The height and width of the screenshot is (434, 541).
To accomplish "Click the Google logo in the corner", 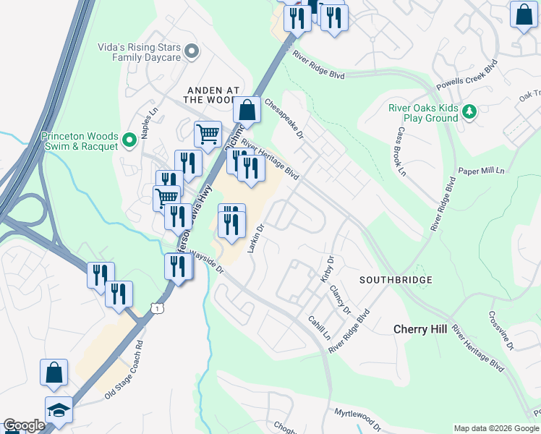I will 24,425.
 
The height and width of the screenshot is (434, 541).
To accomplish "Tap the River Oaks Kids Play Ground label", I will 423,113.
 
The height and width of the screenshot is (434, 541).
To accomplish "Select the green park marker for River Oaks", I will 470,111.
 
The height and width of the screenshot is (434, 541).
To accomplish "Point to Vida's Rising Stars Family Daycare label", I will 139,52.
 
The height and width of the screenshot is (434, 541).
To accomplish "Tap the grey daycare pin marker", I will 192,51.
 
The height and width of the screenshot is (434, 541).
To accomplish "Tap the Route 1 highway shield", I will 157,309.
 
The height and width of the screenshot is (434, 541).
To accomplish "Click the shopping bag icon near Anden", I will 247,111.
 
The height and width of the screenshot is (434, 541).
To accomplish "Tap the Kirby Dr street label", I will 327,268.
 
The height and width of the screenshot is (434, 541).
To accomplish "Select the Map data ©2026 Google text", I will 495,428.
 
